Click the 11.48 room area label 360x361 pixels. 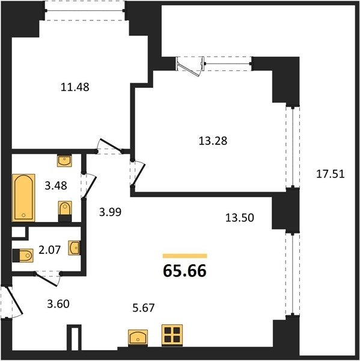coord(75,87)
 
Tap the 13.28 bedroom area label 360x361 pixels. coord(213,141)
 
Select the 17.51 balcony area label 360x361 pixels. coord(331,174)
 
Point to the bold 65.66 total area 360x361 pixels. coord(185,271)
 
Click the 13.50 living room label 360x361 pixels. coord(239,218)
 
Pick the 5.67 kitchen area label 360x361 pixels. coord(143,307)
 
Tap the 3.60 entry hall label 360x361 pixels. coord(58,304)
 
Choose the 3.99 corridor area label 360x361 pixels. coord(110,212)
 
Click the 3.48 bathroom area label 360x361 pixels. coord(56,185)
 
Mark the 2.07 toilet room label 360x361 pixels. coord(49,250)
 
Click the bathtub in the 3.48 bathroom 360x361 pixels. coord(23,198)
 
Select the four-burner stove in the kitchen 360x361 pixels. coord(172,335)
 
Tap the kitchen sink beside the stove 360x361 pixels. coord(138,338)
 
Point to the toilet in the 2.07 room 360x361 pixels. coord(23,256)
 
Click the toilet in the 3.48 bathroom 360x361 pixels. coord(65,211)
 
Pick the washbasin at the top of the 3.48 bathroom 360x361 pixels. coord(64,161)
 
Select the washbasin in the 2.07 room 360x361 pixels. coord(75,248)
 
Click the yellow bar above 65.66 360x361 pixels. coord(185,256)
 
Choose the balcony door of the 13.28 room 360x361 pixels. coord(191,66)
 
